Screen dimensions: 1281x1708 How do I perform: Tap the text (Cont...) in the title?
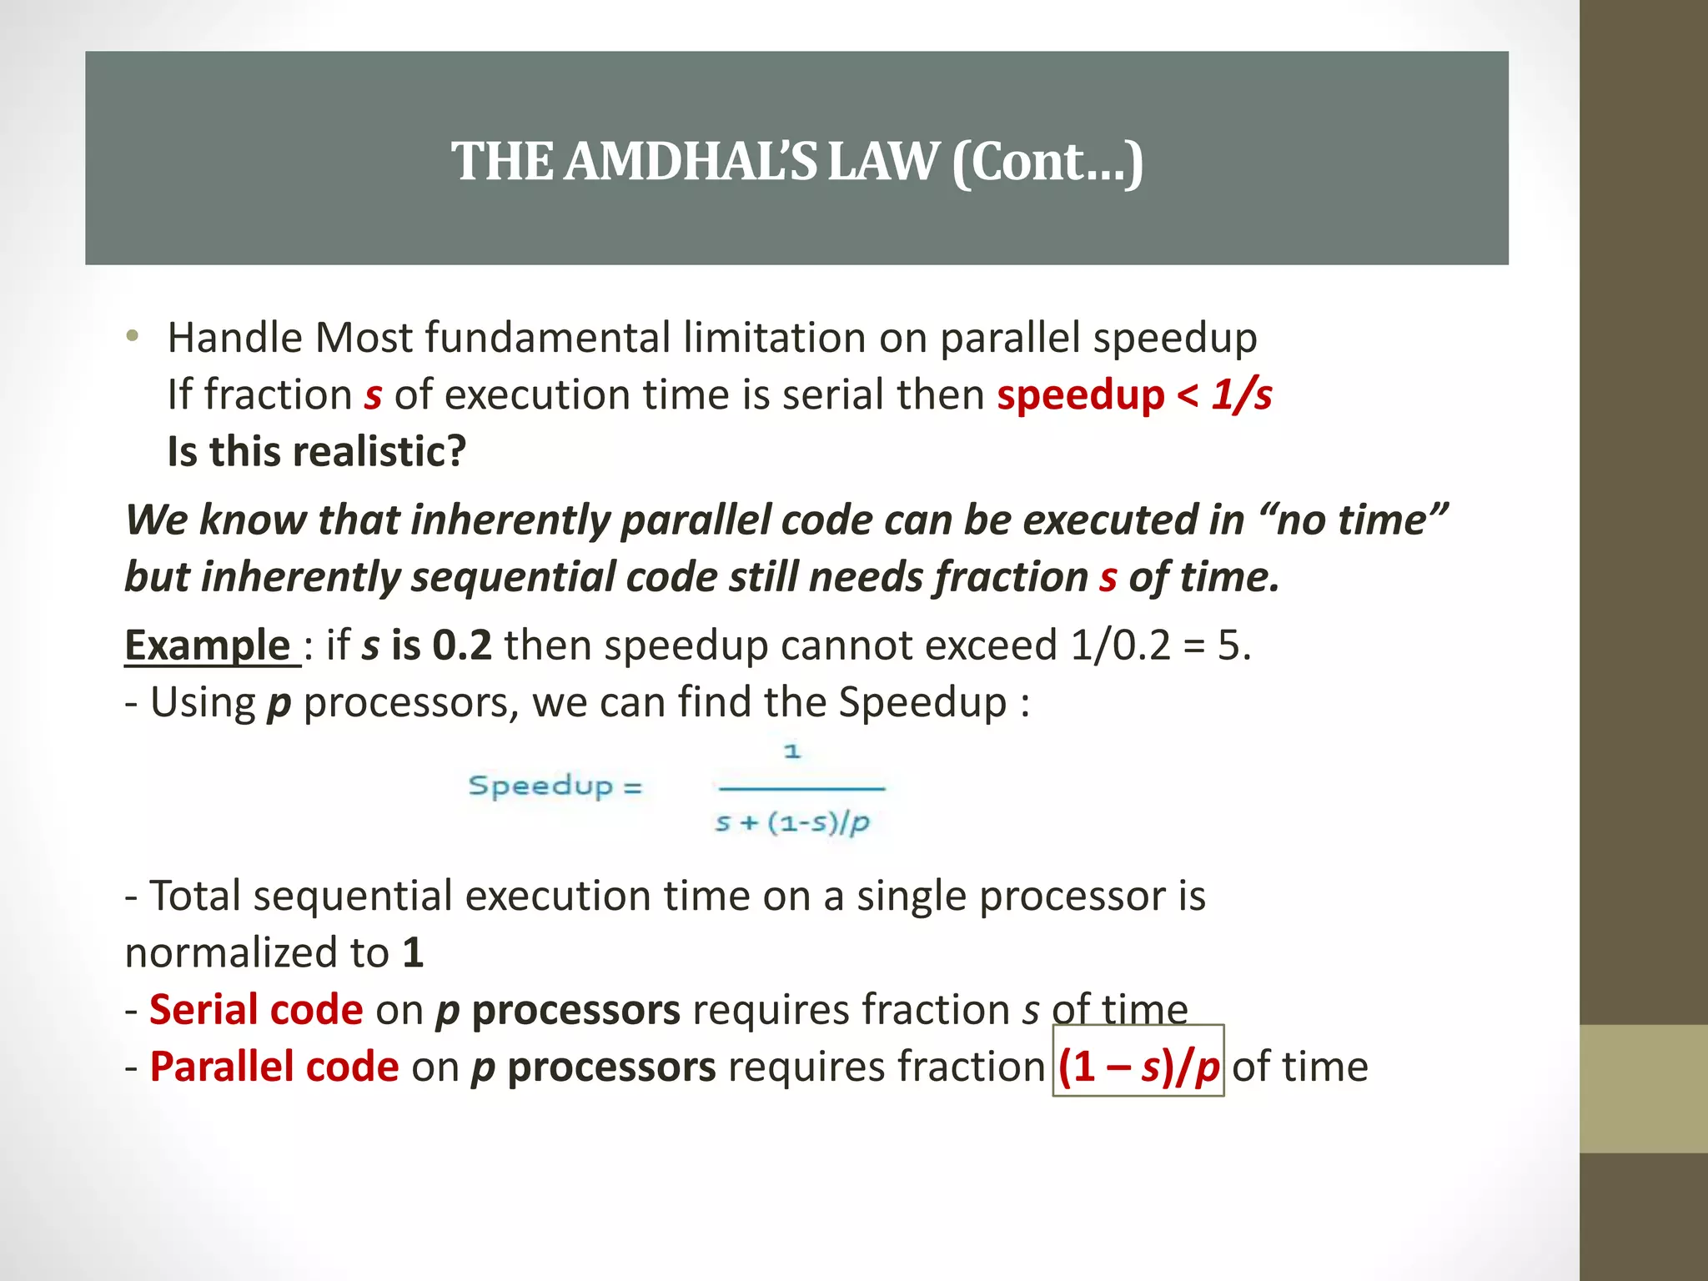[x=1047, y=161]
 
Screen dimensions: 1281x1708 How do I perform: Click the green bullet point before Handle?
[x=132, y=337]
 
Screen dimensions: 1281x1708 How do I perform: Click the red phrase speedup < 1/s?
[x=1134, y=394]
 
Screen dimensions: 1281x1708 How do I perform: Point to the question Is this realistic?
[x=316, y=451]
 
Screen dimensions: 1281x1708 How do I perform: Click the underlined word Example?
[x=208, y=645]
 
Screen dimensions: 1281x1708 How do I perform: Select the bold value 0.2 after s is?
[x=462, y=645]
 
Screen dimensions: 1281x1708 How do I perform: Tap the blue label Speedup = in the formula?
[x=555, y=786]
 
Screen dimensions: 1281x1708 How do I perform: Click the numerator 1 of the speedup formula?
[x=791, y=751]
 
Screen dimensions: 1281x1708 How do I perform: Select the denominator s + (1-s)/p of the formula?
[x=791, y=823]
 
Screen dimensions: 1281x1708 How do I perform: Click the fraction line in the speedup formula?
[x=801, y=788]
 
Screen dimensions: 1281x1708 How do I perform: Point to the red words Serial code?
[x=256, y=1009]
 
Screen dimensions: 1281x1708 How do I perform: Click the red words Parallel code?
[x=274, y=1067]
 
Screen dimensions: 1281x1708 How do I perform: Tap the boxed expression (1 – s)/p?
[x=1138, y=1067]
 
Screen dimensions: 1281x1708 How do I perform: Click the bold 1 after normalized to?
[x=413, y=952]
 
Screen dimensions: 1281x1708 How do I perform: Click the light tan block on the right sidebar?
[x=1643, y=1088]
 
